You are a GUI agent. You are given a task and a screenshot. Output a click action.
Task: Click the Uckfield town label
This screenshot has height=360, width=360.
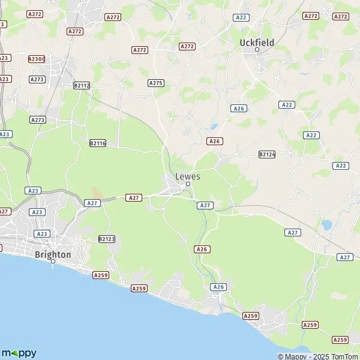click(256, 43)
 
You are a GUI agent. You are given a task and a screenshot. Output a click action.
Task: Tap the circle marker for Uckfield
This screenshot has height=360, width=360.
click(257, 50)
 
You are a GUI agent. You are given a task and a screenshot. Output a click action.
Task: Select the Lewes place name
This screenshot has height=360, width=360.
click(188, 176)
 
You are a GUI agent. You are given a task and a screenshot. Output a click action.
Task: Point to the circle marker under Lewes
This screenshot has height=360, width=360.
click(188, 185)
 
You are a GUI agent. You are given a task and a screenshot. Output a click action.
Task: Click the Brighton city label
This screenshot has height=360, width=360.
click(53, 254)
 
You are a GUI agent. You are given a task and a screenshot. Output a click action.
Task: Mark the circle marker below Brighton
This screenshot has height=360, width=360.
click(53, 262)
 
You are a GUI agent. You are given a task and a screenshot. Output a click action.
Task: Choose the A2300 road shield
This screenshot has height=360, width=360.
click(37, 59)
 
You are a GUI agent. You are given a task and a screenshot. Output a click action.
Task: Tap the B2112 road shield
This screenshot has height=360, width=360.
click(82, 86)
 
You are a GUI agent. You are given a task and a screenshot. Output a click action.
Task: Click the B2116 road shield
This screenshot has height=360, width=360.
click(97, 143)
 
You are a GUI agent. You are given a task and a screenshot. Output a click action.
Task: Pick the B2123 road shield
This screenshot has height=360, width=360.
click(106, 239)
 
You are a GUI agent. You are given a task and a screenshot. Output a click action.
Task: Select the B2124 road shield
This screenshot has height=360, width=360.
click(267, 154)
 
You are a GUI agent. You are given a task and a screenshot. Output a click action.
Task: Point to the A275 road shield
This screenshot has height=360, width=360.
click(156, 83)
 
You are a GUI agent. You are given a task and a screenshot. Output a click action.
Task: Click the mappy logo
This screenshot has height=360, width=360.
click(19, 353)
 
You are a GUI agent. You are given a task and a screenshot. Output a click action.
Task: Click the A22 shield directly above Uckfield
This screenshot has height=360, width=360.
click(242, 17)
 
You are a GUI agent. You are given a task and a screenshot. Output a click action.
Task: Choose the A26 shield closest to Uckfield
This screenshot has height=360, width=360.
click(239, 108)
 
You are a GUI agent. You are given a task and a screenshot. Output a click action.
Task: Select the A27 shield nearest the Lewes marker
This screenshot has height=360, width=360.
click(205, 205)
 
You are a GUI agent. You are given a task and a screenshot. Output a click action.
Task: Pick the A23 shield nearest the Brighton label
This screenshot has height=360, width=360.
click(41, 233)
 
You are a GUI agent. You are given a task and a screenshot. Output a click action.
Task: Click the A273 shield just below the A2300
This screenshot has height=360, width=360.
click(37, 79)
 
